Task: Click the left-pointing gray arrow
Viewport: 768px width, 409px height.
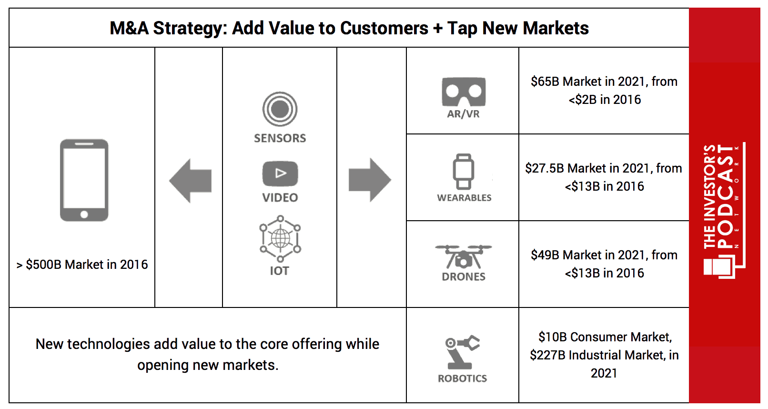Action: (190, 181)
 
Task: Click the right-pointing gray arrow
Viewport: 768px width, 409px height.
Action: (370, 180)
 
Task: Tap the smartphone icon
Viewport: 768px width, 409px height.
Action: (84, 180)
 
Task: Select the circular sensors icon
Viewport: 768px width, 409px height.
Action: (280, 109)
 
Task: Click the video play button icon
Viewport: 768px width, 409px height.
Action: (280, 174)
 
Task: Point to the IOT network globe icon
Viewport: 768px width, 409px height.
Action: (280, 238)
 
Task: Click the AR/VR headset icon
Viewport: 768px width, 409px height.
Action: (464, 92)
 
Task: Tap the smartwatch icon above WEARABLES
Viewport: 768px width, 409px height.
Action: (464, 172)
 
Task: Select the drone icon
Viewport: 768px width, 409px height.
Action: (463, 257)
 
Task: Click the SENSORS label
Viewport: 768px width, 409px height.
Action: (280, 138)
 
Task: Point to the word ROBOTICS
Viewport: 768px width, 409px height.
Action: (462, 378)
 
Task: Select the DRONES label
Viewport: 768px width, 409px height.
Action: (464, 277)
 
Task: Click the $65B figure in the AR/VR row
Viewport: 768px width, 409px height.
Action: (545, 82)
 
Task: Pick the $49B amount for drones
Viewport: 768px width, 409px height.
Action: (545, 255)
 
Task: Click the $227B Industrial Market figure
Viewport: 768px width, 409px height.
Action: (547, 355)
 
